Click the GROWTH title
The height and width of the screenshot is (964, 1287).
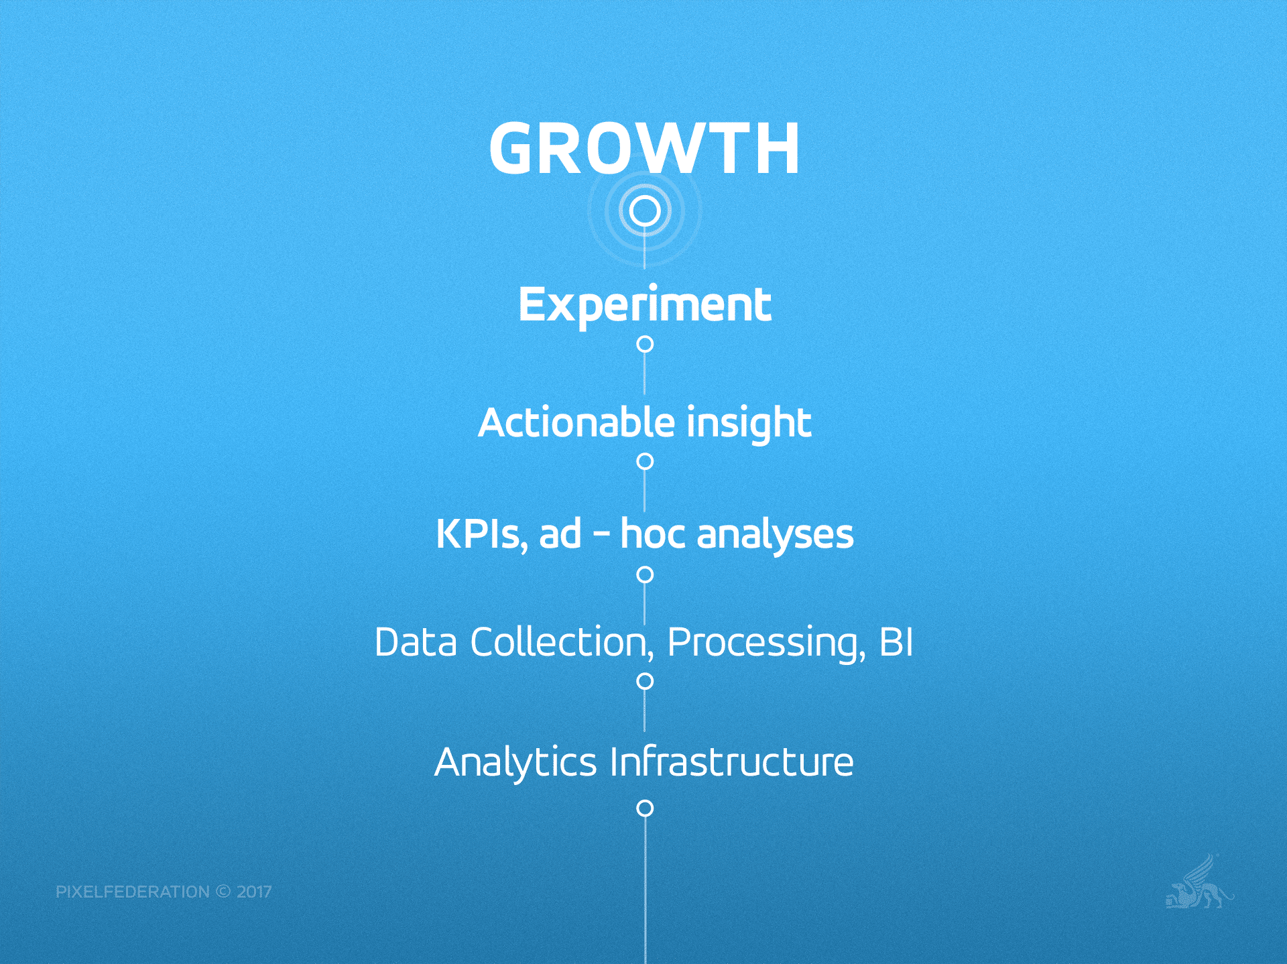pyautogui.click(x=644, y=148)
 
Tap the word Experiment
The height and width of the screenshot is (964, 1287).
pyautogui.click(x=644, y=306)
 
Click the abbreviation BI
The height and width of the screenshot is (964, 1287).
pyautogui.click(x=896, y=642)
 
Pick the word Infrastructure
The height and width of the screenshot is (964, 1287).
pyautogui.click(x=732, y=762)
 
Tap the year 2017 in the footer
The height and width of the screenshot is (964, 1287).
pyautogui.click(x=254, y=892)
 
